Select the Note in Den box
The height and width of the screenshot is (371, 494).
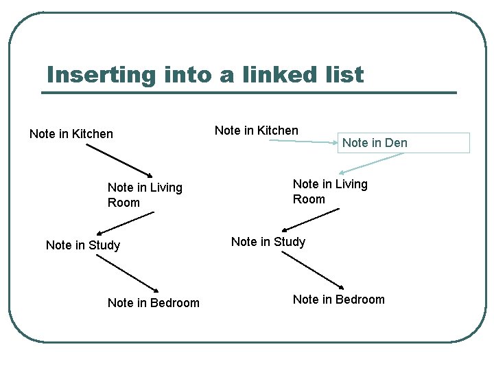tap(403, 143)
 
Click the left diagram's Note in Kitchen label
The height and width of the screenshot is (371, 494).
tap(71, 134)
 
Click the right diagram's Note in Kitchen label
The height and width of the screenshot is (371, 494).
tap(257, 131)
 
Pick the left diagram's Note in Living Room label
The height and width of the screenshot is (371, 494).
tap(145, 194)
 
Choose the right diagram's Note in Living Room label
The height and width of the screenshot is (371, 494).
tap(330, 192)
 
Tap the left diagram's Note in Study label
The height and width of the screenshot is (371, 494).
tap(83, 245)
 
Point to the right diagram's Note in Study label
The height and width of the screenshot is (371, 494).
tap(268, 242)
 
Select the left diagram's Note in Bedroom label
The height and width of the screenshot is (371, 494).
tap(154, 303)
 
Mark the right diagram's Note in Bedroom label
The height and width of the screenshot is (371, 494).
tap(339, 300)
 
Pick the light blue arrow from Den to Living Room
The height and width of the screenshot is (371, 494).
tap(370, 164)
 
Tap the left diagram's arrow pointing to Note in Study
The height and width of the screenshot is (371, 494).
tap(127, 224)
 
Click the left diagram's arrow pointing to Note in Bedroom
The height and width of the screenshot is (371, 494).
tap(128, 275)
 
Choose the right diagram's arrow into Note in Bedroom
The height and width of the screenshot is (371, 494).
tap(313, 269)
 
